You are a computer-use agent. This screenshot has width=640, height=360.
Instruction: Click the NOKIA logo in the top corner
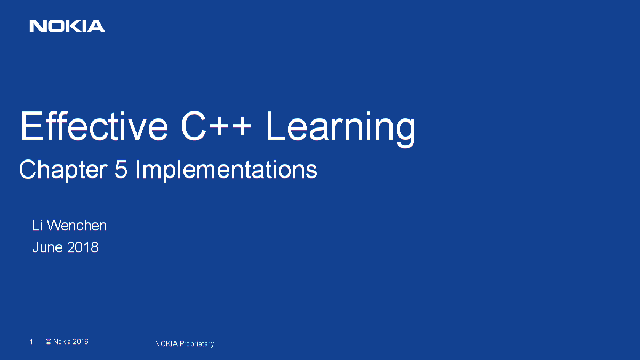[67, 26]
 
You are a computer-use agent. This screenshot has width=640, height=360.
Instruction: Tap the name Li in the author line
[37, 226]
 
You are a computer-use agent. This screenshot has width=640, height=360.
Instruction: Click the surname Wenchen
[77, 226]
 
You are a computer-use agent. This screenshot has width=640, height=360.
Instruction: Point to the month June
[47, 247]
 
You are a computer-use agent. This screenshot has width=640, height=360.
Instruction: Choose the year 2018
[83, 247]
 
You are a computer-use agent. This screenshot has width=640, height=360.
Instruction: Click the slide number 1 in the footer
[31, 341]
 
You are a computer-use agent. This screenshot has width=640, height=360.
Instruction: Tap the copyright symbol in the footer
[49, 341]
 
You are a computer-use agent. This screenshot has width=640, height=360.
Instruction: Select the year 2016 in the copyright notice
[81, 341]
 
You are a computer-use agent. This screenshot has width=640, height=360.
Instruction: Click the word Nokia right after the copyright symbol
[62, 341]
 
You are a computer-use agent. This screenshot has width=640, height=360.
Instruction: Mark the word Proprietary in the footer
[197, 344]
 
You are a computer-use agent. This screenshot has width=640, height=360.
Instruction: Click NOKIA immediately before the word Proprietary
[166, 344]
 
